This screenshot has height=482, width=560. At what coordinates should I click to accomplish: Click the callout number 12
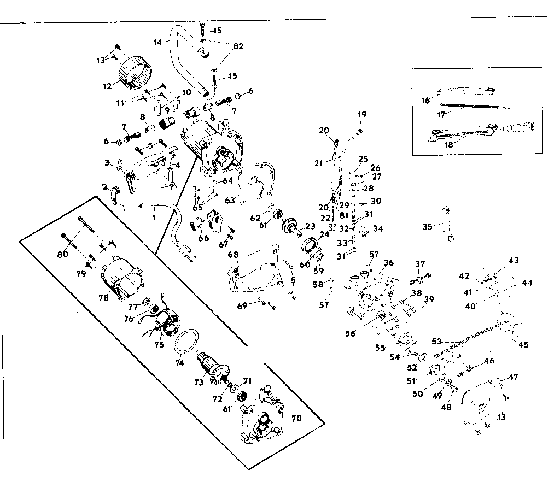(x=107, y=86)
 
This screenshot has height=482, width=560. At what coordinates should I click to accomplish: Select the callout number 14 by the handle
(x=158, y=42)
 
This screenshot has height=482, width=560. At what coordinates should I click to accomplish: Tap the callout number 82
(x=238, y=46)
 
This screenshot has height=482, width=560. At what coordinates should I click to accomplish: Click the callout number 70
(x=296, y=419)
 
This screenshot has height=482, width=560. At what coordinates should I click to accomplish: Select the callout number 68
(x=233, y=255)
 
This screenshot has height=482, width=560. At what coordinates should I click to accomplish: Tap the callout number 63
(x=230, y=201)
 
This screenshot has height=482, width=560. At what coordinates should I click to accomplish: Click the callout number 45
(x=523, y=344)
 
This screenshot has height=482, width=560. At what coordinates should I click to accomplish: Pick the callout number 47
(x=514, y=377)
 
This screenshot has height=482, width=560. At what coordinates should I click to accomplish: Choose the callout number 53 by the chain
(x=436, y=342)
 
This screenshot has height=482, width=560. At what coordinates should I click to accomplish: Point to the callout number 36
(x=388, y=263)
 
